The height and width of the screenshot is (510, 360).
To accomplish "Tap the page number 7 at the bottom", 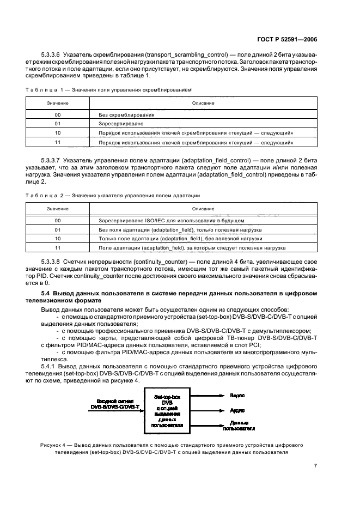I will (316, 465).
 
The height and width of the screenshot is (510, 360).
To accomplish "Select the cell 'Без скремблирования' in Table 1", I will (126, 115).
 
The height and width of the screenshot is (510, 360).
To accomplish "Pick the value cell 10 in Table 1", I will (58, 133).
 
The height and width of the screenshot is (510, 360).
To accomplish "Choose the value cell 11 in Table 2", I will (58, 247).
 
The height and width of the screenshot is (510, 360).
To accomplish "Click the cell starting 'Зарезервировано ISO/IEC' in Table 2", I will (171, 221).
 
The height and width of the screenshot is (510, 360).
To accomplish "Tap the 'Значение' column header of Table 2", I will (58, 208).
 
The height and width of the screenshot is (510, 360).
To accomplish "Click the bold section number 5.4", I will (46, 294).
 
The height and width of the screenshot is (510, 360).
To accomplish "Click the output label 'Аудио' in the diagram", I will (237, 410).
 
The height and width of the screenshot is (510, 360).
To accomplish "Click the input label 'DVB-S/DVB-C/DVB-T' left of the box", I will (115, 406).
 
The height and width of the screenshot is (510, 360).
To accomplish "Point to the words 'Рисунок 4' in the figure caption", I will (53, 445).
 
